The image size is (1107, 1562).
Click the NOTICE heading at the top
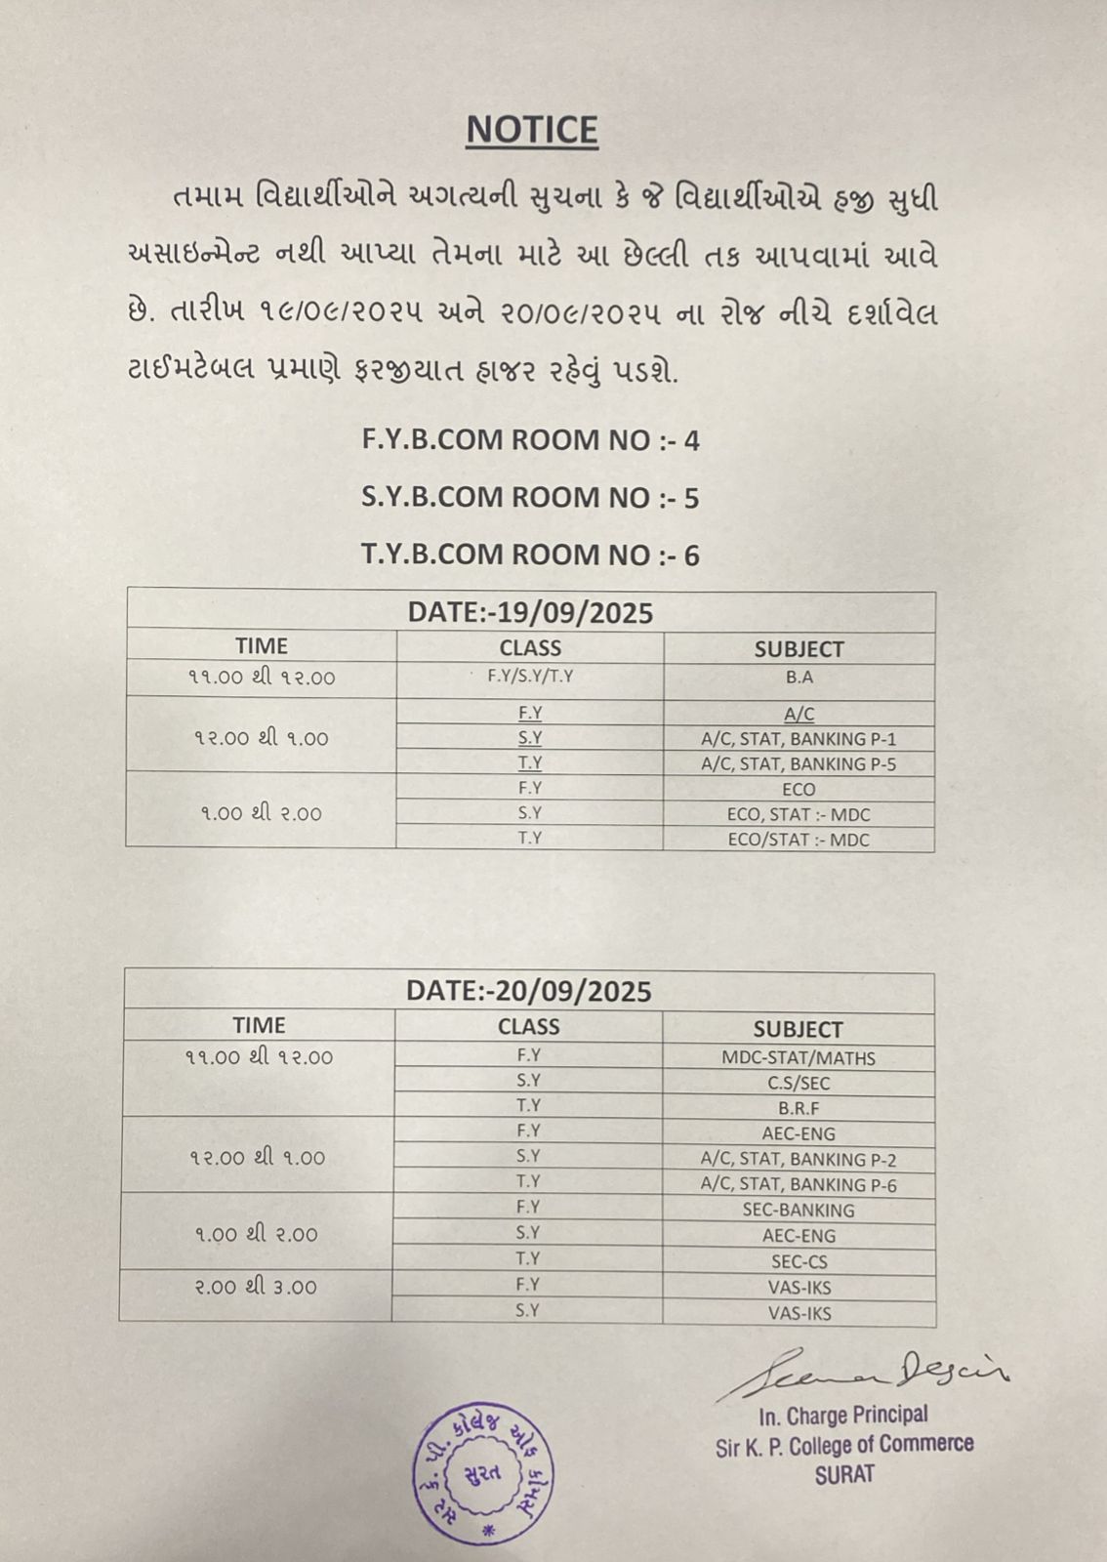click(531, 130)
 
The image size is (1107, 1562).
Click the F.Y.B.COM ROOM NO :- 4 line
click(530, 440)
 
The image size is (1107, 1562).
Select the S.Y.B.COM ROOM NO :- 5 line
click(530, 498)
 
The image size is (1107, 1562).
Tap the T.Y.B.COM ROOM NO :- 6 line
click(530, 555)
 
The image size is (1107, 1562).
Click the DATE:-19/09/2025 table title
click(530, 612)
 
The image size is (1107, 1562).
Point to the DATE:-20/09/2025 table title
click(528, 991)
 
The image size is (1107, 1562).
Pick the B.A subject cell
click(799, 677)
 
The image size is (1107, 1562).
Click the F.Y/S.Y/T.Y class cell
click(530, 676)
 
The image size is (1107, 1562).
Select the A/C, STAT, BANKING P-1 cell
click(799, 739)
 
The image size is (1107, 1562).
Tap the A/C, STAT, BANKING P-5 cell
click(799, 764)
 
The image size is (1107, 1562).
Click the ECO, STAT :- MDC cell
click(799, 814)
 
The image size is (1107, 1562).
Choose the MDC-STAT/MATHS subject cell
click(799, 1057)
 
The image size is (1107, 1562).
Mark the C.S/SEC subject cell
click(799, 1083)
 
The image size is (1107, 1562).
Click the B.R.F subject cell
click(799, 1108)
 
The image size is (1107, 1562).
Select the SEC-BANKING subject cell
click(799, 1210)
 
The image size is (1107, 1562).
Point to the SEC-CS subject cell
click(799, 1261)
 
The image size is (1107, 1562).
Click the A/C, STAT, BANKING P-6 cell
click(799, 1185)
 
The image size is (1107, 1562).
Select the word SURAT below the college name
click(844, 1474)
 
